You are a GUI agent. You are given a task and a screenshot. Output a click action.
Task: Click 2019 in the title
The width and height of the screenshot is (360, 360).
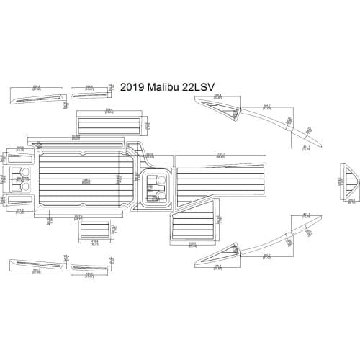click(132, 87)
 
